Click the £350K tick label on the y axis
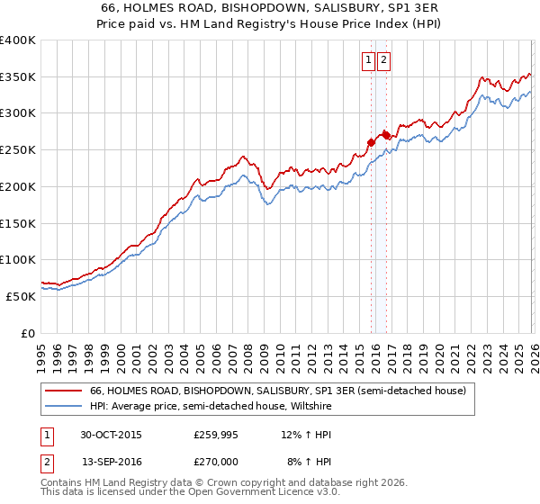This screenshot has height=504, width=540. [18, 76]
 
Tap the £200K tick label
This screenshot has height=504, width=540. [18, 186]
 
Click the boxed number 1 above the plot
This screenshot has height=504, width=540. [369, 60]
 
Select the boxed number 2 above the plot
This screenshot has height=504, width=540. [383, 60]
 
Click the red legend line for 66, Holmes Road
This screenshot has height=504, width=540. [63, 391]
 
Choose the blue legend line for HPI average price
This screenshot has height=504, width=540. [63, 407]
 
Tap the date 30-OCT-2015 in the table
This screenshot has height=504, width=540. [110, 435]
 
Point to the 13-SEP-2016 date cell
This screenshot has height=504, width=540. [110, 461]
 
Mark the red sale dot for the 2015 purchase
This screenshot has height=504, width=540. [371, 142]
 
